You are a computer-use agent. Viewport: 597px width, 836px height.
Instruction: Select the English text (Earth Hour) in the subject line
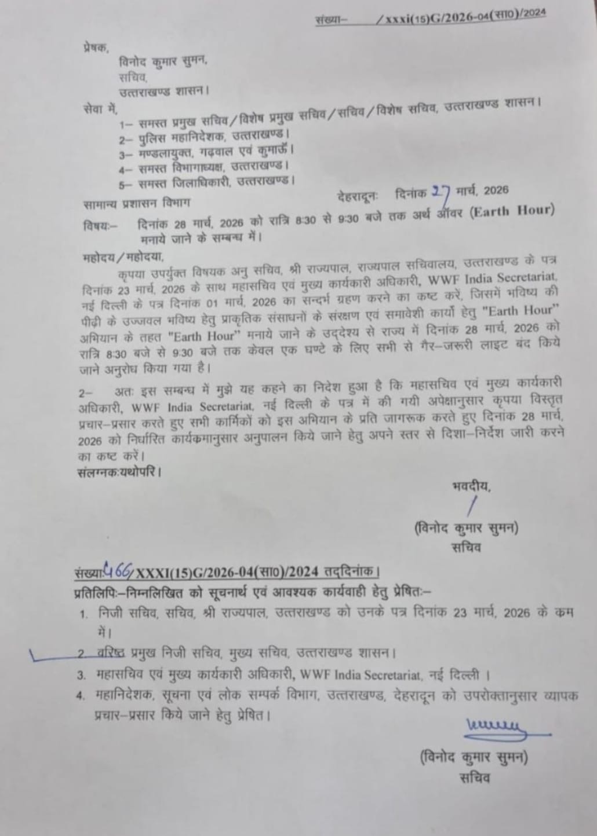(511, 211)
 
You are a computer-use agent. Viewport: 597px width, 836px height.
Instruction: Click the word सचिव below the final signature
(475, 778)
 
